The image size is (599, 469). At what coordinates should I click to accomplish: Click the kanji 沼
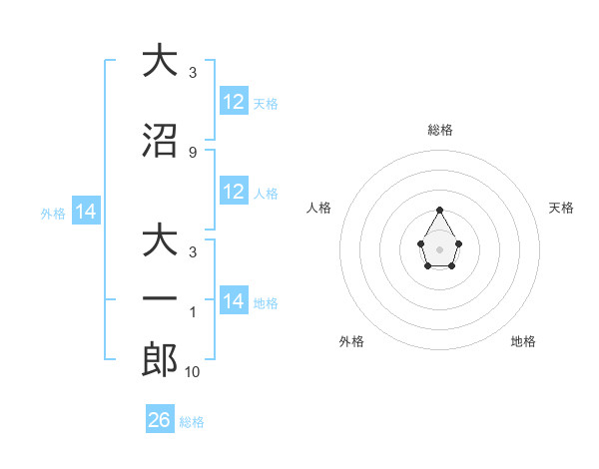[x=160, y=141]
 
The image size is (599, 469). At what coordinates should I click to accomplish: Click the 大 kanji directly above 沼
[x=160, y=61]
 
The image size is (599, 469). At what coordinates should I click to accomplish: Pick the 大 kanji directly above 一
[x=160, y=241]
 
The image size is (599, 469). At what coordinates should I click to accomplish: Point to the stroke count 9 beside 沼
[x=192, y=153]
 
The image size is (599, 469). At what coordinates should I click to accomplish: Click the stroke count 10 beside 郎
[x=194, y=372]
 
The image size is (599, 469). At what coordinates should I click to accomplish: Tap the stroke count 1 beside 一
[x=192, y=312]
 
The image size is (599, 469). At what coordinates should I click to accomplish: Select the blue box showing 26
[x=160, y=420]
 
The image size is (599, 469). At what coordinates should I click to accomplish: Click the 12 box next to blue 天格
[x=234, y=102]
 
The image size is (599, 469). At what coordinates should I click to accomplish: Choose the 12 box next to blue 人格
[x=234, y=192]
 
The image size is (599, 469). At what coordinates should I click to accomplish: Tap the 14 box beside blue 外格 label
[x=86, y=212]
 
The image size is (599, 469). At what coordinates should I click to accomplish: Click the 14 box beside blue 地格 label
[x=234, y=301]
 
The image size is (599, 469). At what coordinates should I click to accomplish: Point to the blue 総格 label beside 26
[x=192, y=422]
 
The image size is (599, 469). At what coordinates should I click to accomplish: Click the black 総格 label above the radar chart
[x=439, y=130]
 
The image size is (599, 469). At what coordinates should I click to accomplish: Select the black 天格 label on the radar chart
[x=561, y=208]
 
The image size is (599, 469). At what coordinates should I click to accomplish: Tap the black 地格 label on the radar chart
[x=523, y=341]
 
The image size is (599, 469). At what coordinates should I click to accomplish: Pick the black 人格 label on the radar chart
[x=319, y=208]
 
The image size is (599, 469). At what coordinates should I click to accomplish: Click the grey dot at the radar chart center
[x=439, y=247]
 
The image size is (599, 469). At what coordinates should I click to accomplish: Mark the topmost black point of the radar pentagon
[x=439, y=210]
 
